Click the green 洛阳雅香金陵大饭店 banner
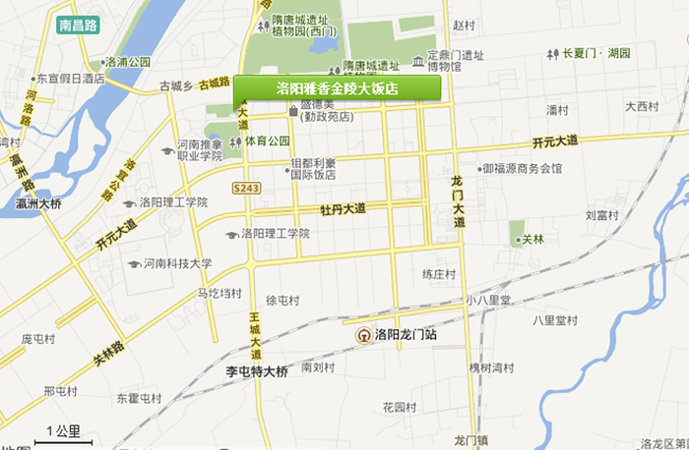coord(337,88)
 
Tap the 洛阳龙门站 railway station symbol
coord(364,335)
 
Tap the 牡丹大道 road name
coord(343,209)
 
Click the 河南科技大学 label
coord(177,263)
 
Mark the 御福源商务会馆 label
coord(522,168)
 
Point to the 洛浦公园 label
coord(128,62)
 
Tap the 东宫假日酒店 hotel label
coord(71,78)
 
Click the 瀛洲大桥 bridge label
coord(38,204)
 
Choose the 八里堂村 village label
coord(554,319)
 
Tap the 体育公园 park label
coord(268,141)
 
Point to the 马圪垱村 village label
coord(219,293)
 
